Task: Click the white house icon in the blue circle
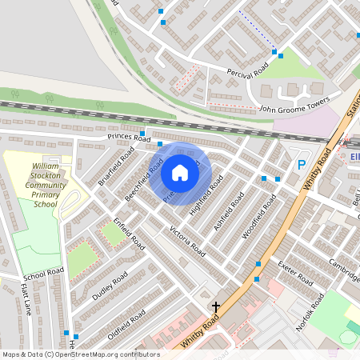pos(180,172)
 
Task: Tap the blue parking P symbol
pos(302,166)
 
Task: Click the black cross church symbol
pos(215,306)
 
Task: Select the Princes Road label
pos(130,138)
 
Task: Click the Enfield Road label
pos(128,231)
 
